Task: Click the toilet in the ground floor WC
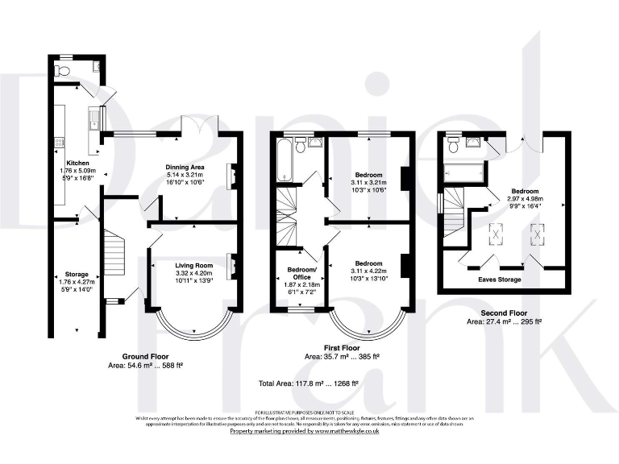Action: (x=64, y=71)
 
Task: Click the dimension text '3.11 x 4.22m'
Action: (x=369, y=271)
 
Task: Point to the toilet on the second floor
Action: (x=454, y=146)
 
